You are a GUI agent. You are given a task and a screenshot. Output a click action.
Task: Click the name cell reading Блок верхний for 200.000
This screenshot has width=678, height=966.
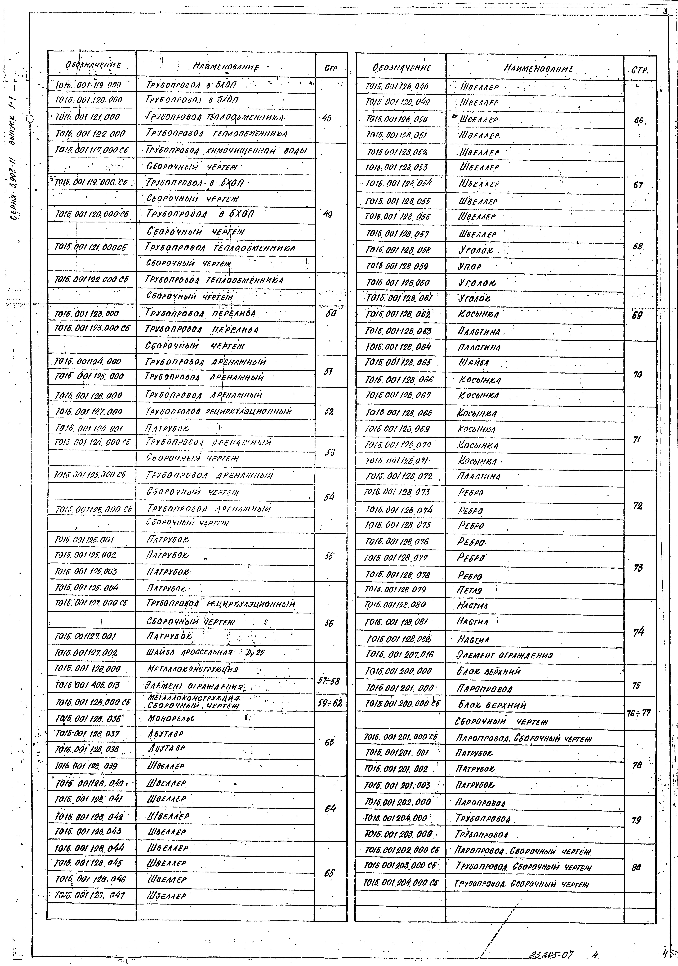click(489, 672)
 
